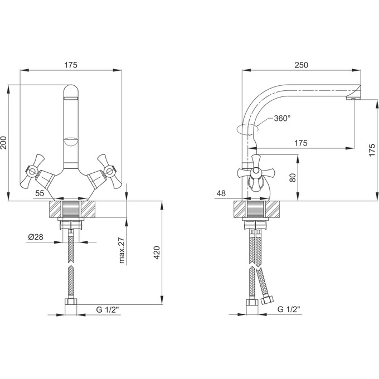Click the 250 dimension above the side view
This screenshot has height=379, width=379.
[301, 65]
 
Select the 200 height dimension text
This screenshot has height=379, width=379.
[4, 143]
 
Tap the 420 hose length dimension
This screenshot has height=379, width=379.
[157, 252]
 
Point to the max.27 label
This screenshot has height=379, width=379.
[122, 250]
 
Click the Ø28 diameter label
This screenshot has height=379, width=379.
[36, 237]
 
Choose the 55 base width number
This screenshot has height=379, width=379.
[40, 193]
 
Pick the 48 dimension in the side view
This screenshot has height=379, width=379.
[221, 193]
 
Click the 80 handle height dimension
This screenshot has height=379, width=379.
[293, 178]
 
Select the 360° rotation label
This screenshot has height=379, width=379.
[282, 118]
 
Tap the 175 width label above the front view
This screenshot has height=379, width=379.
[71, 65]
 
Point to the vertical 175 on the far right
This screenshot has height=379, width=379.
[372, 150]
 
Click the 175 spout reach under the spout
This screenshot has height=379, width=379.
[300, 143]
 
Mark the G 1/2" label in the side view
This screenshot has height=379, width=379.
[289, 309]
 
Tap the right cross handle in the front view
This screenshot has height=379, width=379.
[109, 172]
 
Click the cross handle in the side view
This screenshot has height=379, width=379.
[256, 172]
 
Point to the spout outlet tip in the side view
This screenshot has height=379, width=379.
[353, 99]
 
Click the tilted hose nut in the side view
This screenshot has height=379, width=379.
[267, 300]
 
